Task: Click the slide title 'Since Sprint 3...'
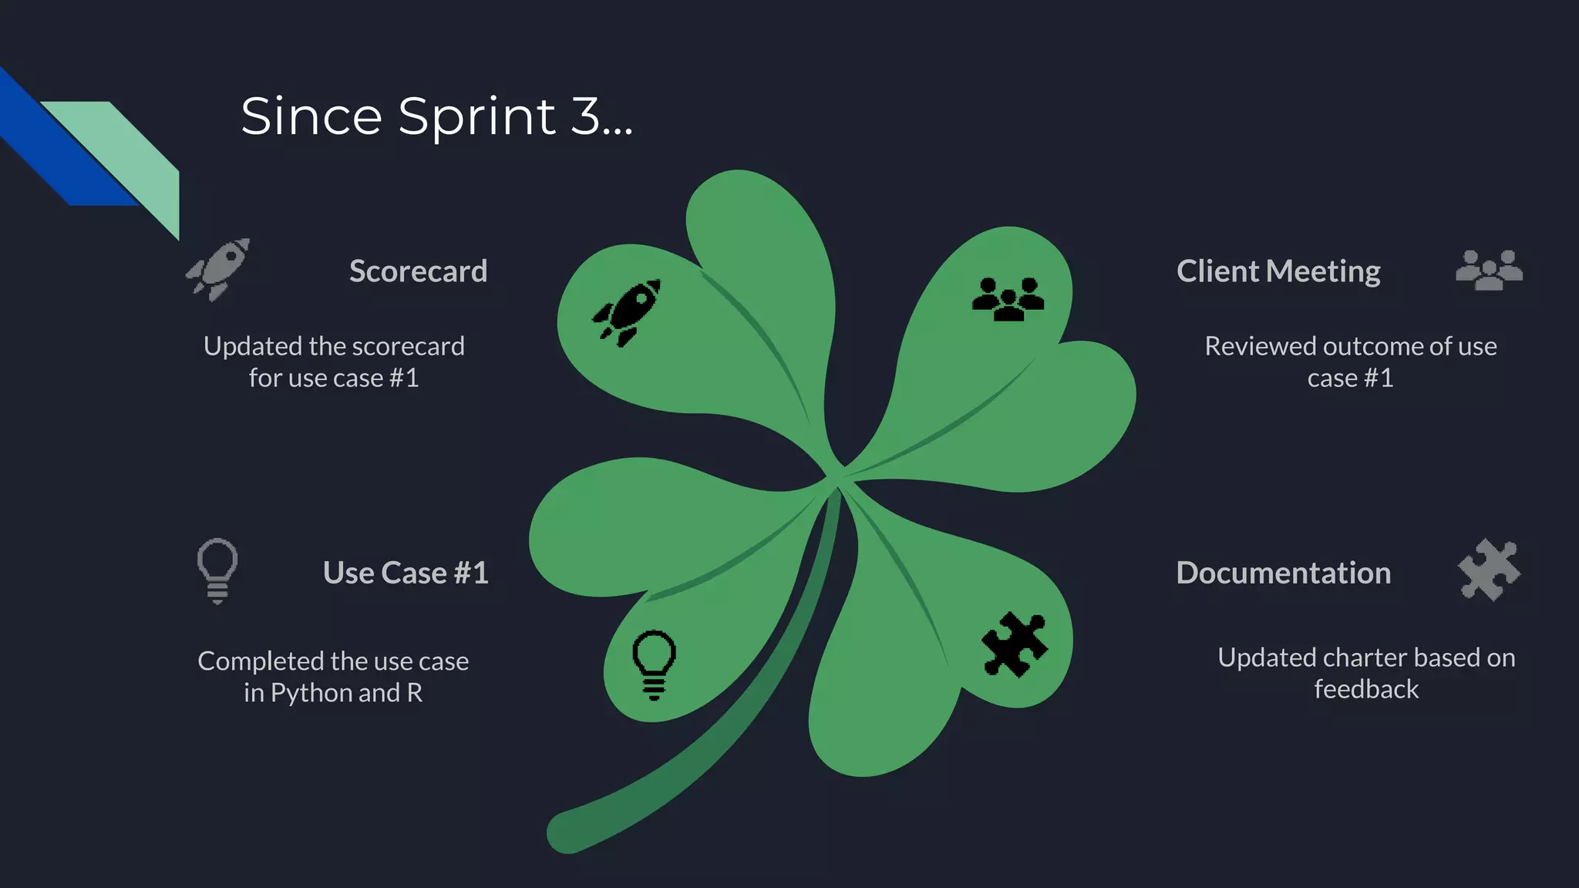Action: coord(436,116)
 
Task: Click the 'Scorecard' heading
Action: coord(418,271)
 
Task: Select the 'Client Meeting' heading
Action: coord(1278,271)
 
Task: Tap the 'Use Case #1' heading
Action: coord(406,573)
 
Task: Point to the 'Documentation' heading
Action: coord(1283,573)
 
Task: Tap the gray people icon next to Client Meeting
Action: coord(1489,270)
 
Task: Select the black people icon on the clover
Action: coord(1008,299)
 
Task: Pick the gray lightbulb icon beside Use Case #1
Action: coord(217,570)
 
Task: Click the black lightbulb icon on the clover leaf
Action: coord(654,663)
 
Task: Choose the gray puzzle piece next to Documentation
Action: coord(1489,570)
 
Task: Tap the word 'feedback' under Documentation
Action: coord(1365,689)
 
